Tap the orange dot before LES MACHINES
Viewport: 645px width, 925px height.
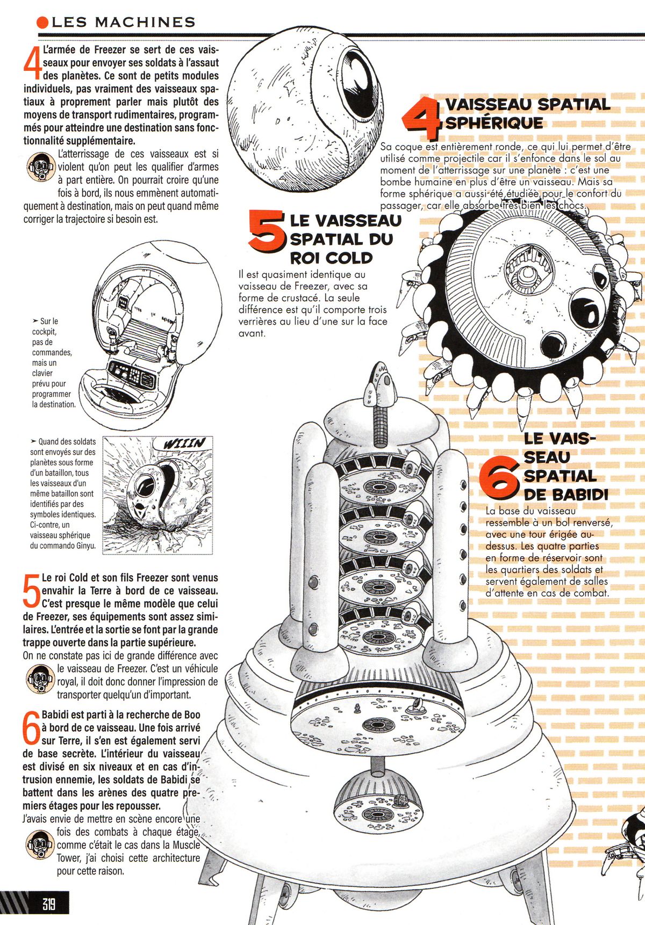(42, 22)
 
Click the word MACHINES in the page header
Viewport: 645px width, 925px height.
(145, 22)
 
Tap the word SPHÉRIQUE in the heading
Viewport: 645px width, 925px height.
(494, 123)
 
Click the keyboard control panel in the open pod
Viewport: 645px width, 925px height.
(132, 374)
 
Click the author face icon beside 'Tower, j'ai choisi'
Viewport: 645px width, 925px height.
(40, 845)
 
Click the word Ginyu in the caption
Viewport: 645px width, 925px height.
(85, 545)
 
